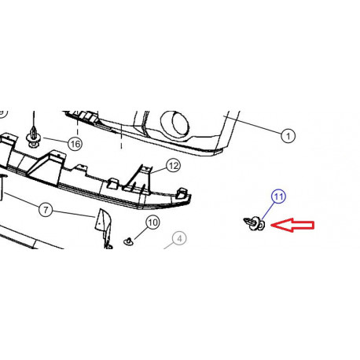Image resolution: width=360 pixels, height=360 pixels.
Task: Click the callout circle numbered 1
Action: click(288, 136)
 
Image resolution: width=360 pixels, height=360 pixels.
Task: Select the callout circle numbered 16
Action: click(75, 144)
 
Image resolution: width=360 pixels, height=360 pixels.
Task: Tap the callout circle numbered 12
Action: click(173, 166)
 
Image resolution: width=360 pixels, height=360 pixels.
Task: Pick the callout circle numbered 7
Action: click(46, 210)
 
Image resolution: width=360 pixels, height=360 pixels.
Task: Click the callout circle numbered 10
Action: click(152, 222)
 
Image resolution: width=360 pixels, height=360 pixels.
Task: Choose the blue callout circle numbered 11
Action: click(278, 197)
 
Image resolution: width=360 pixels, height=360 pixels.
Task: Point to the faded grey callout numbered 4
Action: click(179, 238)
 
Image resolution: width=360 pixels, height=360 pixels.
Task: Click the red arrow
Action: click(292, 225)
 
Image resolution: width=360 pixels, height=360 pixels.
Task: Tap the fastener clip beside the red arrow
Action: click(254, 223)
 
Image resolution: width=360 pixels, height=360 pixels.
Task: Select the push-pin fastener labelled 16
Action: click(33, 138)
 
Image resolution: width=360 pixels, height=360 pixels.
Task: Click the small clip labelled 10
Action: click(128, 241)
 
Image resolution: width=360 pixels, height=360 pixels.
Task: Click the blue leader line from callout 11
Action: click(267, 211)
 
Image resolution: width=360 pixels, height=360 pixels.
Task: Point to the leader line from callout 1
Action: click(252, 125)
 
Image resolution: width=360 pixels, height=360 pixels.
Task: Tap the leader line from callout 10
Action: click(141, 233)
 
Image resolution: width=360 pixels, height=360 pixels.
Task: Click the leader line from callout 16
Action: click(55, 140)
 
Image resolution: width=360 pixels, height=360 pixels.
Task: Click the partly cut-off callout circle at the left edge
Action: click(3, 113)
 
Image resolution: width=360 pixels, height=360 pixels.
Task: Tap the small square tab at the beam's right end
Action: click(182, 193)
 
